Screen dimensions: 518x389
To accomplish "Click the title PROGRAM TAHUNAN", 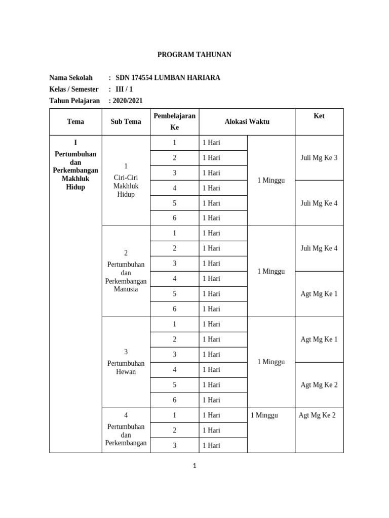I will tap(194, 55).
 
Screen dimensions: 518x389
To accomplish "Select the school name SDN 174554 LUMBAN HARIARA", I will tap(168, 78).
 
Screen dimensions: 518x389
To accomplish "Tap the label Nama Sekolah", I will tap(71, 78).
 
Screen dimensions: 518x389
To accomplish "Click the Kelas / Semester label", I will tap(74, 89).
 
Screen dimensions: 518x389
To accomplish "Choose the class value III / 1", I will tap(125, 89).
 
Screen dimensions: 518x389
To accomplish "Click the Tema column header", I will tap(75, 122).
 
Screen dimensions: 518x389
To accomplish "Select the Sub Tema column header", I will tap(126, 122).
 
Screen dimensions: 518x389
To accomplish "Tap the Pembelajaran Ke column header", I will tap(174, 121).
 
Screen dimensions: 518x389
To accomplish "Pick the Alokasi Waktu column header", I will tap(247, 122).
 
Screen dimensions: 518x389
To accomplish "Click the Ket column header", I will tap(319, 116).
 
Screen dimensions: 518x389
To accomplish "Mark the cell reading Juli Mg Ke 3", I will tap(319, 158).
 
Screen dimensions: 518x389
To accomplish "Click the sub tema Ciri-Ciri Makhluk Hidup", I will tap(126, 186).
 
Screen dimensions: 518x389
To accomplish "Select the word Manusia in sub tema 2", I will tap(126, 289).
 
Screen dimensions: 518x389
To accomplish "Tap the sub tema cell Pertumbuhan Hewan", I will tap(126, 367).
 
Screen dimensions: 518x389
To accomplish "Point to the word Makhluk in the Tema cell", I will tap(75, 179).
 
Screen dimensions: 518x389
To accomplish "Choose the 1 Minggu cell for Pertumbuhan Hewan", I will tap(271, 362).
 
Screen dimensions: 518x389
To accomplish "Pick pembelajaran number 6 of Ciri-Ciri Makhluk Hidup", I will tap(174, 218).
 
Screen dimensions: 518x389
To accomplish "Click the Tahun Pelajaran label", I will tap(74, 101).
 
